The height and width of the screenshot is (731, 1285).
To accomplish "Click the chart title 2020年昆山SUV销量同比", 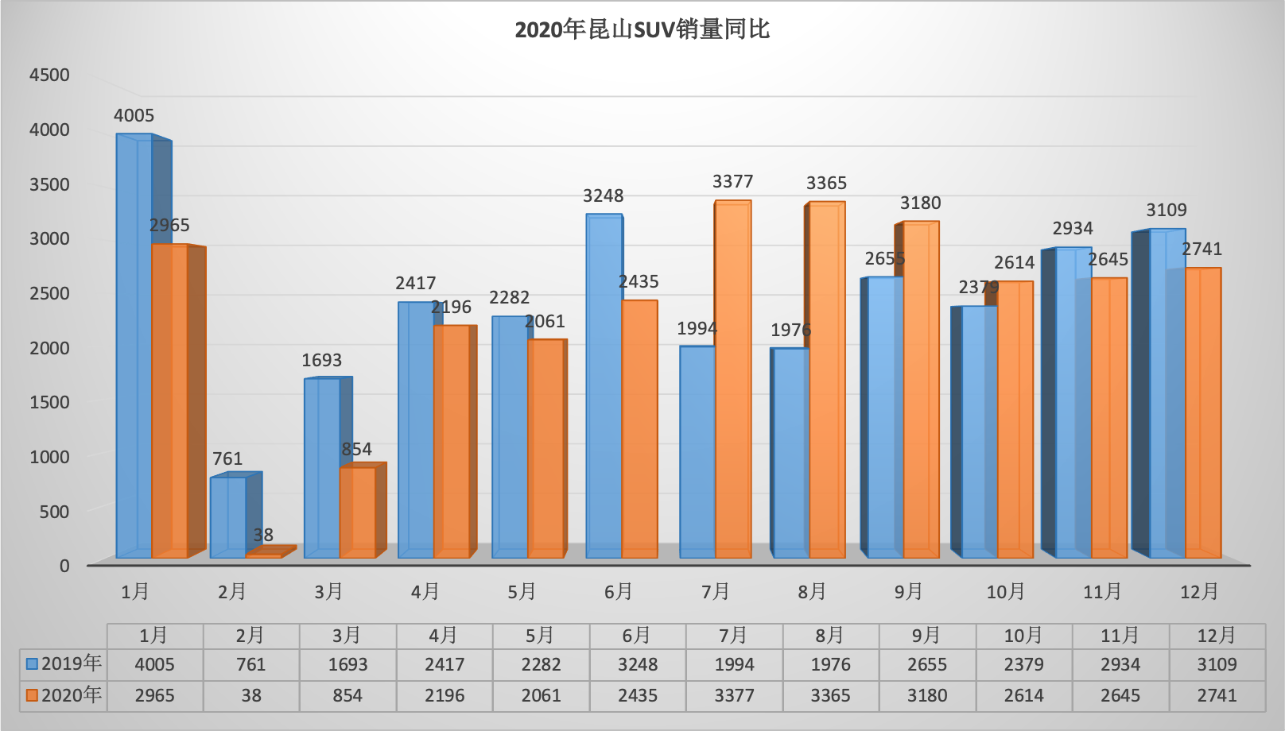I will click(x=642, y=30).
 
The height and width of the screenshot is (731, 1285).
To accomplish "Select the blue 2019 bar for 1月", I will click(x=134, y=346).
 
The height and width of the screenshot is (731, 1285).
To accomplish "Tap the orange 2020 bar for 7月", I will click(x=733, y=380).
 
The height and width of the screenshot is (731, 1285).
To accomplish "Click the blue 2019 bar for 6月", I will click(x=604, y=385).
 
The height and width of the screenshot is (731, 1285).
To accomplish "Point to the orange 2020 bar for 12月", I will click(x=1203, y=413).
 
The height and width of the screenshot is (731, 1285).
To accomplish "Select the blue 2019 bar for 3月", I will click(x=322, y=468).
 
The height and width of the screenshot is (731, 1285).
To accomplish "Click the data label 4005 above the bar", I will click(x=134, y=116).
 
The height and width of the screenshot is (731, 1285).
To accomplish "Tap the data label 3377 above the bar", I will click(x=732, y=182).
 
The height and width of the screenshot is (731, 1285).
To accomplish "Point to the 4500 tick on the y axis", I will click(x=49, y=75).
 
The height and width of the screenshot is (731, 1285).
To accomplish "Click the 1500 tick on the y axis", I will click(x=49, y=402).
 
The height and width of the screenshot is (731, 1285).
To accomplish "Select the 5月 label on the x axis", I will click(x=522, y=592).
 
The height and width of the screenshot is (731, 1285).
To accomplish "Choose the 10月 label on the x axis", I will click(x=1005, y=592).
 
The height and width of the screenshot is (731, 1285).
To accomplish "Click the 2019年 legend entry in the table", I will click(x=64, y=663).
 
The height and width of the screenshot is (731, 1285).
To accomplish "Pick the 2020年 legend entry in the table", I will click(x=64, y=695).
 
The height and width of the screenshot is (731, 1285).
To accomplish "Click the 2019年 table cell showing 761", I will click(x=251, y=664).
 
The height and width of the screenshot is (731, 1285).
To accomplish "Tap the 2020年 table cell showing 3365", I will click(x=830, y=696).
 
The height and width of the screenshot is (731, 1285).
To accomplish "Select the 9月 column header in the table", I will click(x=926, y=636).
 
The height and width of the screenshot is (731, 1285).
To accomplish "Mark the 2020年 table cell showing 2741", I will click(x=1217, y=696).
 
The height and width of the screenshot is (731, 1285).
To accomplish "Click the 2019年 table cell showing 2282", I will click(x=541, y=664).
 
